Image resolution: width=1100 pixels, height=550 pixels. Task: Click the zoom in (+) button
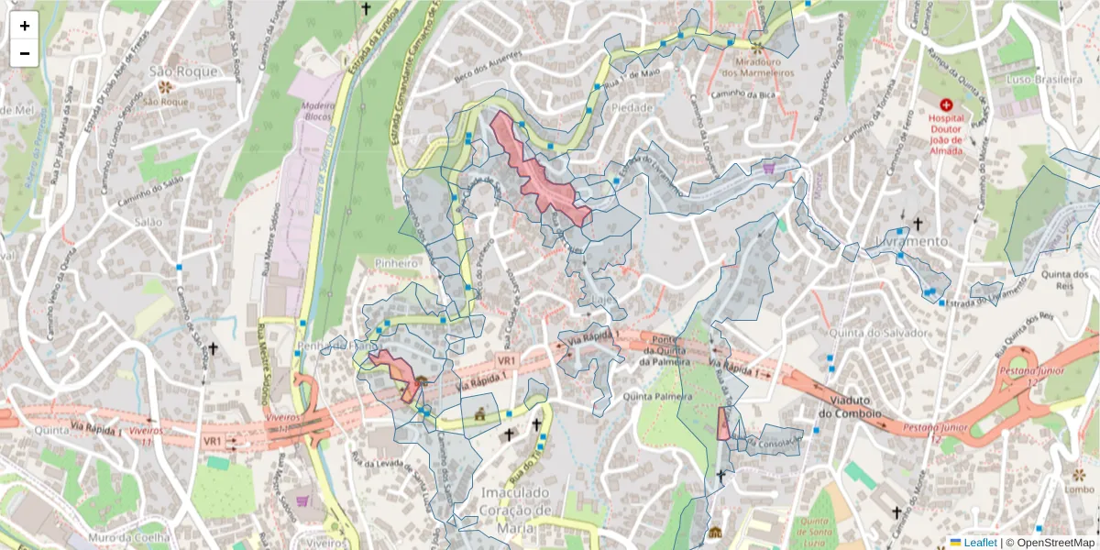point(25,26)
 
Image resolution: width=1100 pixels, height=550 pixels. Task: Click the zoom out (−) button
point(25,53)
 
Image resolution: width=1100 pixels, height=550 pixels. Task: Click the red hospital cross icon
point(946,105)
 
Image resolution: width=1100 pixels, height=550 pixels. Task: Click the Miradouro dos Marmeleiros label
point(757,66)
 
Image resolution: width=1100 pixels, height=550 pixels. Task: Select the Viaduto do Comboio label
point(858,407)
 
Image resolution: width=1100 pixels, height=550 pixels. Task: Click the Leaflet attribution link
point(980,543)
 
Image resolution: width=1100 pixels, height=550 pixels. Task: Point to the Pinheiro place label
point(396,263)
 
